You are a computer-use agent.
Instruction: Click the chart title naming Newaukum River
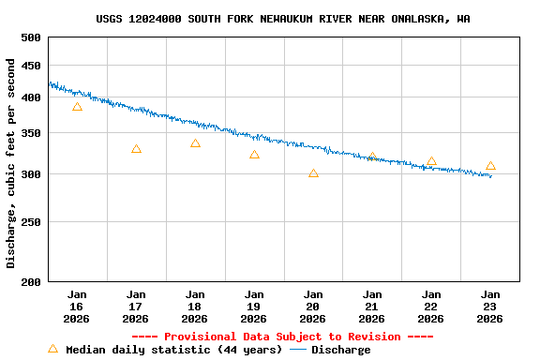coord(283,19)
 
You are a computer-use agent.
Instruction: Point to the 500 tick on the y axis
coord(31,37)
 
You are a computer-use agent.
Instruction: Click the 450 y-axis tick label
coord(31,66)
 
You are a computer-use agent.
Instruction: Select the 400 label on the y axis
coord(31,97)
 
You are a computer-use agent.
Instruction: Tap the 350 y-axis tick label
coord(31,134)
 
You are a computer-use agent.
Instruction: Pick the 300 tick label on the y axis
coord(31,175)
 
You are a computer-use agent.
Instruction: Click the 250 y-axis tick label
coord(31,223)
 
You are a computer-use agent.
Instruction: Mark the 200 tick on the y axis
coord(31,281)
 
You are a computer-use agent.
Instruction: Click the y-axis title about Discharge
coord(11,163)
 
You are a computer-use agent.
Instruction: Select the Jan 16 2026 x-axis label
coord(77,307)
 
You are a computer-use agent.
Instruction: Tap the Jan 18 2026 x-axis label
coord(195,307)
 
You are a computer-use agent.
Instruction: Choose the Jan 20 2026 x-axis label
coord(313,307)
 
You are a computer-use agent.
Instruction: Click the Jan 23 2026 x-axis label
coord(490,307)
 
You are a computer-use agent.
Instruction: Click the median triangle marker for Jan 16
coord(77,107)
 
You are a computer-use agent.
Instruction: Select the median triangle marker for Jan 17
coord(136,149)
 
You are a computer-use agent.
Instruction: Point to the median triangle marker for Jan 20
coord(313,173)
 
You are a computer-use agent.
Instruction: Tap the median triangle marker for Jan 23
coord(490,166)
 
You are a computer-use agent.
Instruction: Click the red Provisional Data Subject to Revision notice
coord(282,337)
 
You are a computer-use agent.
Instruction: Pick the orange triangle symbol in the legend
coord(52,349)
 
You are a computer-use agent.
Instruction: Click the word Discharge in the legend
coord(340,350)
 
